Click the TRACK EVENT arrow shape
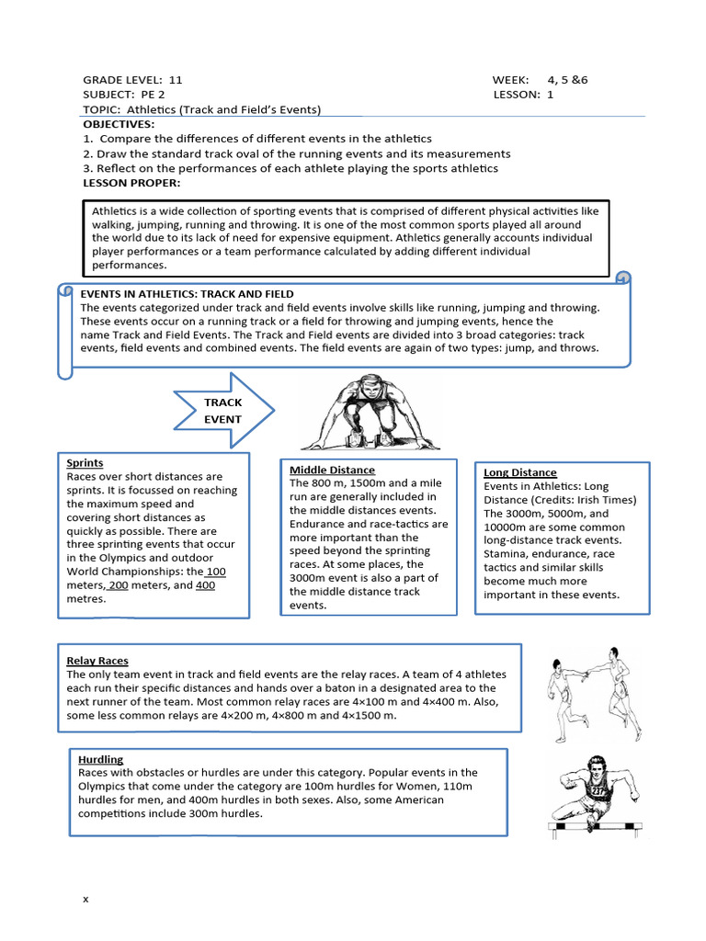click(223, 411)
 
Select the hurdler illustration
click(593, 792)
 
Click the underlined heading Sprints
click(85, 463)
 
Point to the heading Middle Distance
click(332, 470)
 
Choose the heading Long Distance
click(520, 472)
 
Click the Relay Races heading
click(97, 661)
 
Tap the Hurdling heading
click(100, 759)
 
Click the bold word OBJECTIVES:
click(119, 124)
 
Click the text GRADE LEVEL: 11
click(132, 80)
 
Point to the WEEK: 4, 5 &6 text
click(540, 80)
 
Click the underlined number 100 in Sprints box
click(216, 572)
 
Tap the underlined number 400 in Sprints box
click(206, 585)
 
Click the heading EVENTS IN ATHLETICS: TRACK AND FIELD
click(187, 294)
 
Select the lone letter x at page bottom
click(85, 899)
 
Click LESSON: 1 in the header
click(523, 95)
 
